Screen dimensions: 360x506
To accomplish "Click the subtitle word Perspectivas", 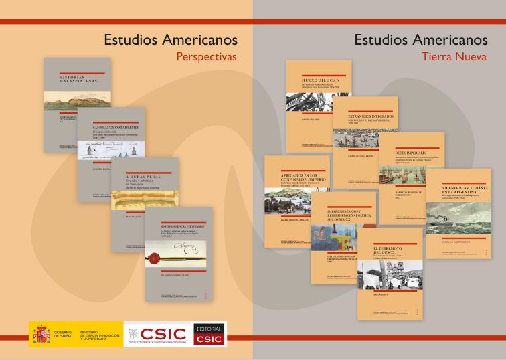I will [x=206, y=57].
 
